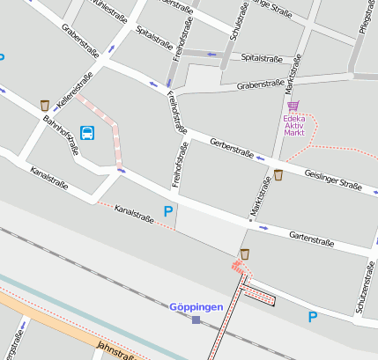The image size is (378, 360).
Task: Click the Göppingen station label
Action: coord(196,307)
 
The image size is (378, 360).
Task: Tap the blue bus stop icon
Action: coord(87,133)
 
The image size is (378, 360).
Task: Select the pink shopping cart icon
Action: coord(293,106)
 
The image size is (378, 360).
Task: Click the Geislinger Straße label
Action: coord(333,180)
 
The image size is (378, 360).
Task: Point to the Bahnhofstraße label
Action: coord(62,136)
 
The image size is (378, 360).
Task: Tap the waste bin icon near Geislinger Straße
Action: coord(278,175)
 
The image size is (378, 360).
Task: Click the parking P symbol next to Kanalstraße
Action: coord(168,211)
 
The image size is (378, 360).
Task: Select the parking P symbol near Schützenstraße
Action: coord(312,317)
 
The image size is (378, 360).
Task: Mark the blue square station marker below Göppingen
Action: coord(196,320)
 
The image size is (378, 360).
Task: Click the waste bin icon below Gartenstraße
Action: coord(245,254)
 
